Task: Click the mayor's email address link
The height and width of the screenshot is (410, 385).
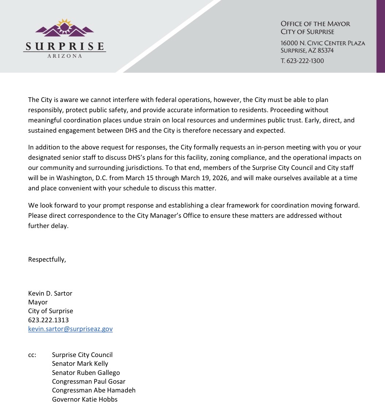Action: [x=70, y=329]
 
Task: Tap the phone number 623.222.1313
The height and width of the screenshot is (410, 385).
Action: [x=48, y=320]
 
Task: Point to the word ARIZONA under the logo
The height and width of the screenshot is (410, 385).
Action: [x=65, y=56]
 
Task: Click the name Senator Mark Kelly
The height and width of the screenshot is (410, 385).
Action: [x=80, y=364]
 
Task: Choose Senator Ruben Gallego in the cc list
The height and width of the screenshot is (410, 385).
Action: [x=86, y=373]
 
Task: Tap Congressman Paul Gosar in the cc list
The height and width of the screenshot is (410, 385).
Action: [x=88, y=381]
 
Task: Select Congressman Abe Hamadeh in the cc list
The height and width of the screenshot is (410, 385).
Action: [x=94, y=390]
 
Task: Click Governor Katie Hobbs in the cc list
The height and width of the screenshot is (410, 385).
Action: [x=85, y=399]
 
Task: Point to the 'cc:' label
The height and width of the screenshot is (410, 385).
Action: [x=32, y=355]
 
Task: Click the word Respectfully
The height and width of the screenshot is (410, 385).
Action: [x=47, y=259]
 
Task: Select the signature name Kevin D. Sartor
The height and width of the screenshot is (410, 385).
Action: [x=50, y=293]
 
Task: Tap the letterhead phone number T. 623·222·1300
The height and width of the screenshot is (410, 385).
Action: [x=302, y=61]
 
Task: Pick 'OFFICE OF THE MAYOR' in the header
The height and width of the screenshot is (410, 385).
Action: [x=315, y=24]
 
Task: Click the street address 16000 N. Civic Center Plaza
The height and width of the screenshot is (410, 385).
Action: [x=323, y=43]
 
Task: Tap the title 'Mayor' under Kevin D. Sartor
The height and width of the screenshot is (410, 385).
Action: [x=38, y=302]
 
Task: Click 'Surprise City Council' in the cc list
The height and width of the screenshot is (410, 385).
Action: [x=82, y=355]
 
